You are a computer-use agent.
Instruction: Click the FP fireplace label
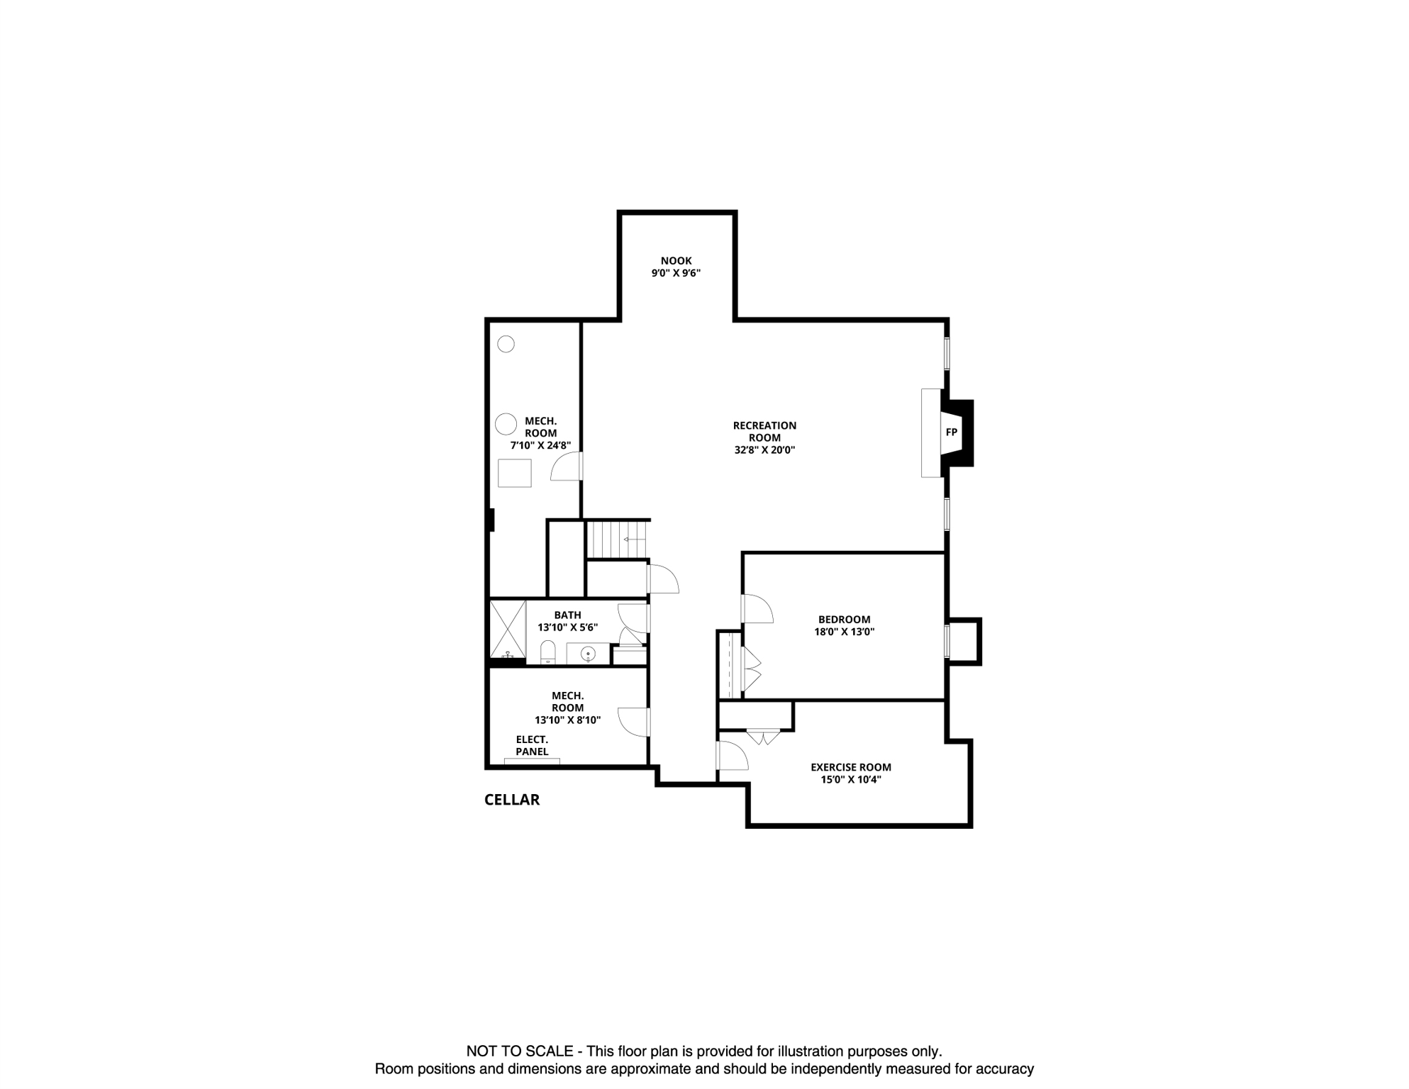(951, 432)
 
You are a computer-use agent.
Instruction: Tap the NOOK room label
(676, 261)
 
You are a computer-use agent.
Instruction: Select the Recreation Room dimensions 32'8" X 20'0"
(764, 449)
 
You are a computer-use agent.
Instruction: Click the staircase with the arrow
(617, 540)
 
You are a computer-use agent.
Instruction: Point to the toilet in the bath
(547, 652)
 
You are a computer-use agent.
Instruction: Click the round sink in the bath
(587, 654)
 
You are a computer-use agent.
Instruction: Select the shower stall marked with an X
(508, 629)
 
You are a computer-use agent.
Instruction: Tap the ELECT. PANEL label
(532, 745)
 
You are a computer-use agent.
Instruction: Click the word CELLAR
(511, 800)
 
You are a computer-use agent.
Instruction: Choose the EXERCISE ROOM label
(850, 767)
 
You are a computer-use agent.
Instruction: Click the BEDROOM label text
(844, 619)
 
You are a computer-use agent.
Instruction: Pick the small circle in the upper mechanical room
(506, 344)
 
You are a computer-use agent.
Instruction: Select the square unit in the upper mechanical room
(515, 473)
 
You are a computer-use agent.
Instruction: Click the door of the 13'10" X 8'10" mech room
(633, 722)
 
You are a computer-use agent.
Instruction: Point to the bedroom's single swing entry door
(757, 608)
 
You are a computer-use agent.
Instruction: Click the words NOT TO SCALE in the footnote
(519, 1051)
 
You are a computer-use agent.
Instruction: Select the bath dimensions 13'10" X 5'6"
(567, 627)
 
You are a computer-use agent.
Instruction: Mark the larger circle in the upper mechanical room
(506, 424)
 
